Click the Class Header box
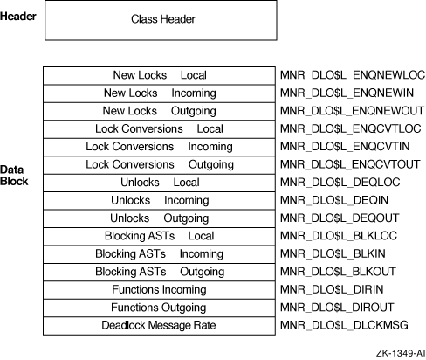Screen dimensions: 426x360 click(x=161, y=20)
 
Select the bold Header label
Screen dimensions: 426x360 click(x=18, y=17)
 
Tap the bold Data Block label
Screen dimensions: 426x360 click(x=14, y=176)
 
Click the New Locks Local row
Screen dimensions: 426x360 click(x=159, y=76)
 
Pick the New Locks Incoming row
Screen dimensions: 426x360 click(x=159, y=93)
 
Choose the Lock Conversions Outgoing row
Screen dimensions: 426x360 click(x=159, y=165)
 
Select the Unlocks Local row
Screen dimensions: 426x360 click(x=159, y=183)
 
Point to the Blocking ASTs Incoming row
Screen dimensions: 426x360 click(x=159, y=254)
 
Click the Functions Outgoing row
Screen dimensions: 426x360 click(x=159, y=308)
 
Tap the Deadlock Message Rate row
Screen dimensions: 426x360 click(x=159, y=326)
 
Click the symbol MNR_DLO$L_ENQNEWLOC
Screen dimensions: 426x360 click(x=353, y=75)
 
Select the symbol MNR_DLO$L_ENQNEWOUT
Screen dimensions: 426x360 click(x=352, y=111)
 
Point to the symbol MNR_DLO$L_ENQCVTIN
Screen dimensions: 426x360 click(x=345, y=147)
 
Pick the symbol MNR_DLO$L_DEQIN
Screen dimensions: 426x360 click(x=334, y=200)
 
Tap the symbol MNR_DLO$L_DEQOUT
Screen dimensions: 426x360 click(x=340, y=218)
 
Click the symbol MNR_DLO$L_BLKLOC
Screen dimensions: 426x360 click(x=339, y=236)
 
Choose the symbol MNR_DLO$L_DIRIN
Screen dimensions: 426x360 click(x=332, y=289)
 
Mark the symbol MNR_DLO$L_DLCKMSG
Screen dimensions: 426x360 click(x=344, y=325)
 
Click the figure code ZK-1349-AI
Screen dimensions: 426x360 click(x=401, y=353)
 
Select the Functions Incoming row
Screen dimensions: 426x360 click(x=159, y=290)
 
